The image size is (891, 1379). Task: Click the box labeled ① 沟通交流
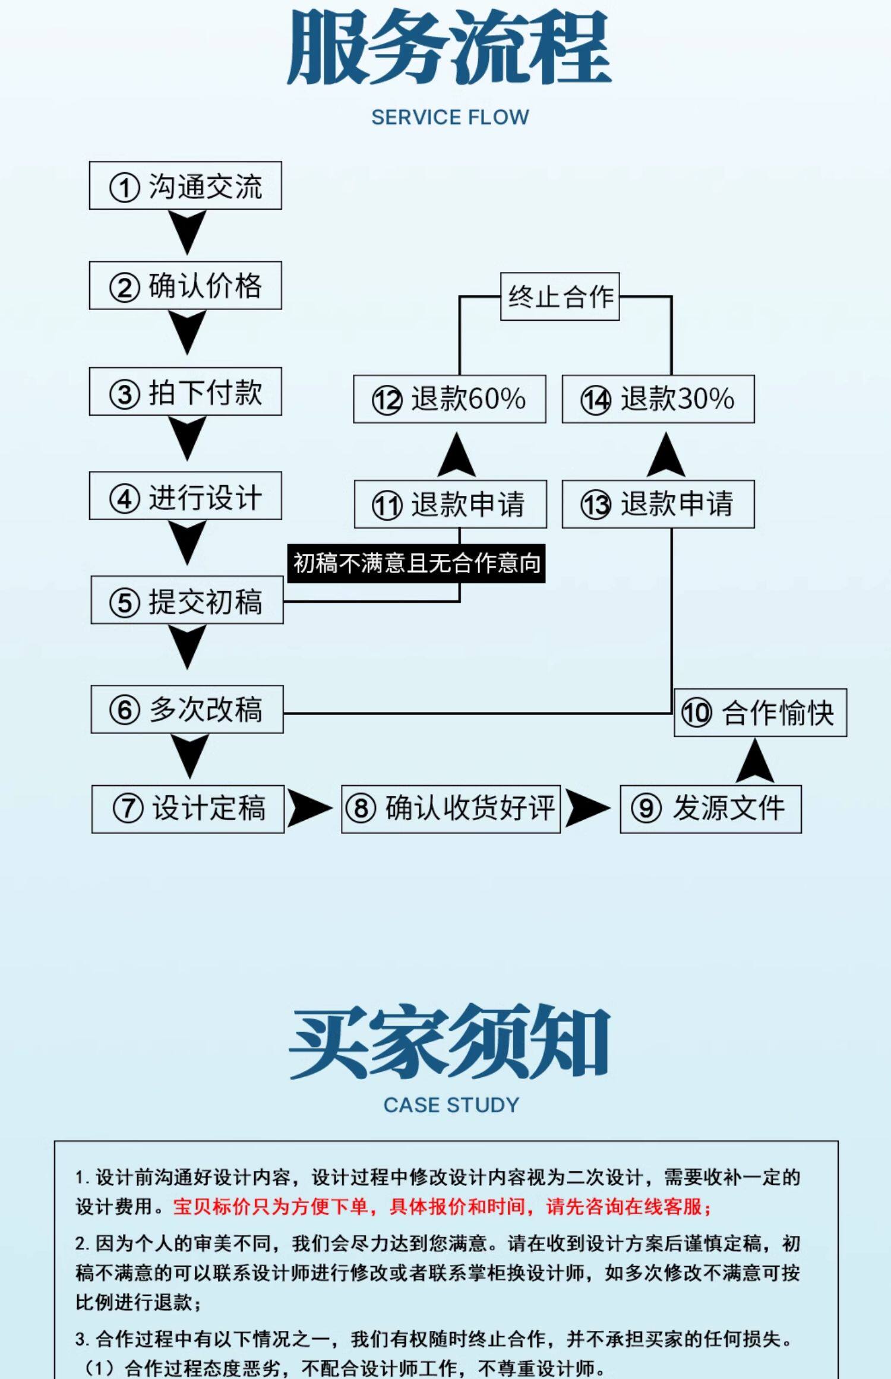[x=185, y=185]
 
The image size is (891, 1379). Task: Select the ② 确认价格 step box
[x=185, y=285]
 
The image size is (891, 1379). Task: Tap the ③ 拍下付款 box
[x=185, y=391]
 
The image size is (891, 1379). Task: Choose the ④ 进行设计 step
[x=185, y=496]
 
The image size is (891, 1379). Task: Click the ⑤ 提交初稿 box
[x=187, y=600]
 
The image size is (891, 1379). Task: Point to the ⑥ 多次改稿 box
[x=187, y=709]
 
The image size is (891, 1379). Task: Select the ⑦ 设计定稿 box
[x=188, y=809]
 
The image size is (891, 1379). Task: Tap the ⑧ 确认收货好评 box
[x=451, y=808]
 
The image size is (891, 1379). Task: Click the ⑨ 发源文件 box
[x=710, y=809]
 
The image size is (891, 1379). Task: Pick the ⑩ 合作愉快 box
[x=760, y=713]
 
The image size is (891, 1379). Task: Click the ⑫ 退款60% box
[x=450, y=399]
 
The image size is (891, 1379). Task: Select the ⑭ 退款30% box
[x=658, y=399]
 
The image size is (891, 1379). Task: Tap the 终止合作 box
[x=560, y=296]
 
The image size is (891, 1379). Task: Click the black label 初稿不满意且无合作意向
[x=416, y=563]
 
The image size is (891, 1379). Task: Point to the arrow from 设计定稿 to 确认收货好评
[x=309, y=808]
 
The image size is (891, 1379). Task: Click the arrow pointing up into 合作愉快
[x=754, y=762]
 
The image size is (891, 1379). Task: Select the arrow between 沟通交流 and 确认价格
[x=187, y=232]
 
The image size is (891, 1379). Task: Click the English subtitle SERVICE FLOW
[x=450, y=117]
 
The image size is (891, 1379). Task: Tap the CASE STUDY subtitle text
[x=451, y=1105]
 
